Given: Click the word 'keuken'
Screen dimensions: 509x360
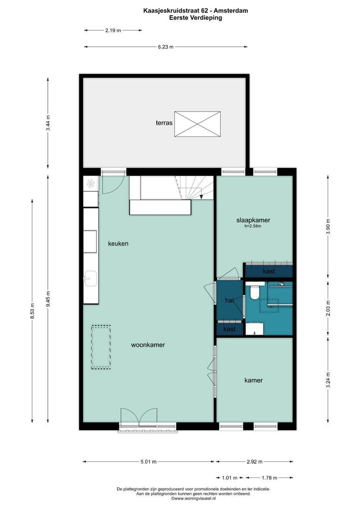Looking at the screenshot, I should (118, 244).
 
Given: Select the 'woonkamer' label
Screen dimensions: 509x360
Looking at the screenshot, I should (147, 345).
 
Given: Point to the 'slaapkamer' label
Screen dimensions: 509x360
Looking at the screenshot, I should (253, 220).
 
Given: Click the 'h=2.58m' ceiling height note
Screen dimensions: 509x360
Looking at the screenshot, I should (253, 227).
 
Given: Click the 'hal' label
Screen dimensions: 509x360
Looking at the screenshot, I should (229, 300).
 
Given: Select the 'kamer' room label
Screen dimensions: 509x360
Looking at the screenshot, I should (253, 380).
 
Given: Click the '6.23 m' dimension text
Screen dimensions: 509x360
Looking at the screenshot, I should (165, 47).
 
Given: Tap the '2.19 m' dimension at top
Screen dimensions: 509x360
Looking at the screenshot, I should (113, 30).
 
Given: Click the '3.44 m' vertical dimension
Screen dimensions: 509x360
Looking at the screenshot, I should (48, 123).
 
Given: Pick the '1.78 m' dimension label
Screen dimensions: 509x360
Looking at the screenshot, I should (269, 477).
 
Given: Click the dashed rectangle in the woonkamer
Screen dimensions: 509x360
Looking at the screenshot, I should (101, 346).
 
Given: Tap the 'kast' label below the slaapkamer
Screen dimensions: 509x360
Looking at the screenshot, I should (269, 271).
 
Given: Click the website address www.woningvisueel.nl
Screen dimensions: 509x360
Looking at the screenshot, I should (193, 498).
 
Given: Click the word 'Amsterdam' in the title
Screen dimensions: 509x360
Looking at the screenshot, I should (230, 10).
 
